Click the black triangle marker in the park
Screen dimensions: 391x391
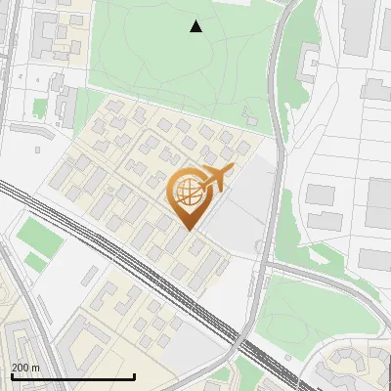(x=196, y=26)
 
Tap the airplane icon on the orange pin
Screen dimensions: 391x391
(x=214, y=179)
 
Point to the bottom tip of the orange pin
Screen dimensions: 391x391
(x=188, y=230)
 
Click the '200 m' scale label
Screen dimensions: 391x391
(x=25, y=368)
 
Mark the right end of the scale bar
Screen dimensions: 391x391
(x=134, y=376)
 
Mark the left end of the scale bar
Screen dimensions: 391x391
(x=11, y=376)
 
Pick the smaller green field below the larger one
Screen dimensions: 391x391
(x=36, y=262)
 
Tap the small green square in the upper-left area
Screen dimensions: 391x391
(x=40, y=107)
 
